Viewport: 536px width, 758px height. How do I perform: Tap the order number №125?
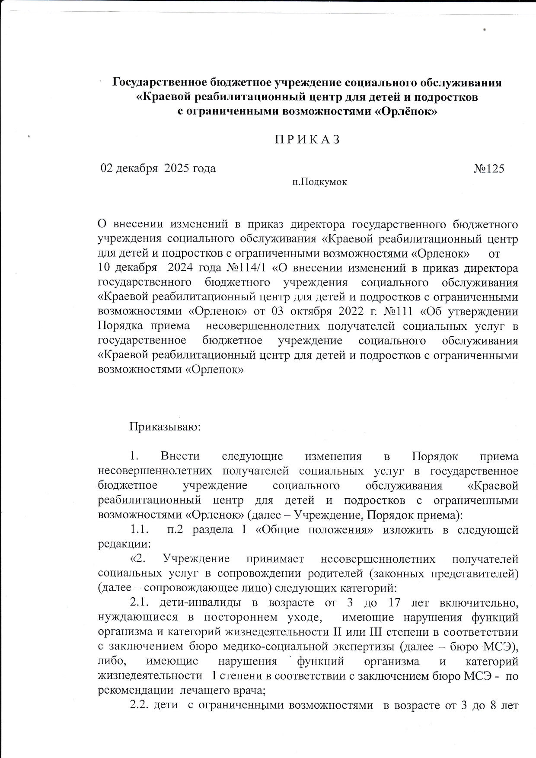(489, 169)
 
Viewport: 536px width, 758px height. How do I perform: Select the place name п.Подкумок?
(319, 182)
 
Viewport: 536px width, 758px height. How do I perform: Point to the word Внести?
(180, 457)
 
